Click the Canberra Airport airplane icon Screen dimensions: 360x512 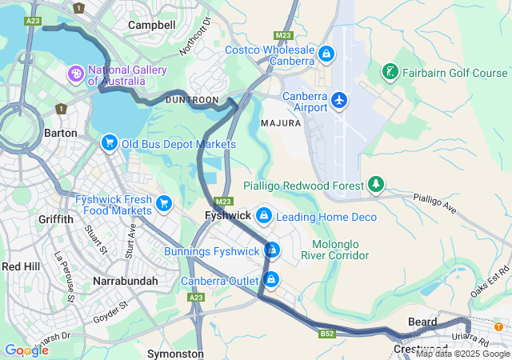tap(340, 100)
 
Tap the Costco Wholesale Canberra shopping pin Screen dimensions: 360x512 tap(326, 54)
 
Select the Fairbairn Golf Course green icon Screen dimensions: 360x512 tap(390, 73)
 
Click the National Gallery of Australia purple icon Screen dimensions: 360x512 tap(77, 74)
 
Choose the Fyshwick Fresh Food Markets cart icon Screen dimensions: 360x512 tap(164, 203)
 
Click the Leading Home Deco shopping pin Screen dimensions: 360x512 tap(263, 215)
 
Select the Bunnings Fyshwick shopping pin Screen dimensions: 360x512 tap(272, 250)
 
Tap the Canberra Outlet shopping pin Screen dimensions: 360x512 tap(272, 280)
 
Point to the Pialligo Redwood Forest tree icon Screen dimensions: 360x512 tap(376, 185)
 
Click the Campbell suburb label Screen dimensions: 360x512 tap(152, 25)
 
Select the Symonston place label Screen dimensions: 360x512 tap(175, 353)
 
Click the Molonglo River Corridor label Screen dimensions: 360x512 tap(335, 250)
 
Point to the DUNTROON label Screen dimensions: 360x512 tap(191, 99)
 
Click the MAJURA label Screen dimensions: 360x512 tap(280, 123)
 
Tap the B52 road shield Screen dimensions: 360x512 tap(326, 333)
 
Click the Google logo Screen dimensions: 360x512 tap(26, 350)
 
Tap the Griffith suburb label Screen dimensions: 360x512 tap(55, 218)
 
